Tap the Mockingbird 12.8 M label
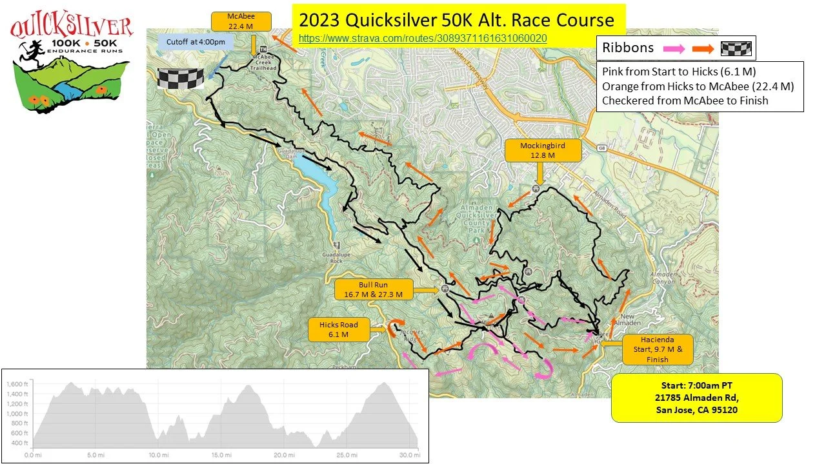(x=542, y=150)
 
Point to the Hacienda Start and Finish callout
(x=657, y=349)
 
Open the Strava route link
(x=423, y=38)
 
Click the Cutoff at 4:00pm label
(x=186, y=43)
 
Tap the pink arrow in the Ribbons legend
(x=672, y=48)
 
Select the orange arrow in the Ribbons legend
(x=703, y=48)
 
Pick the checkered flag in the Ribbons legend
(x=736, y=48)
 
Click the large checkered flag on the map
(x=181, y=77)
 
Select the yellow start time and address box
(x=696, y=398)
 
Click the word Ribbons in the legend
(x=628, y=48)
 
